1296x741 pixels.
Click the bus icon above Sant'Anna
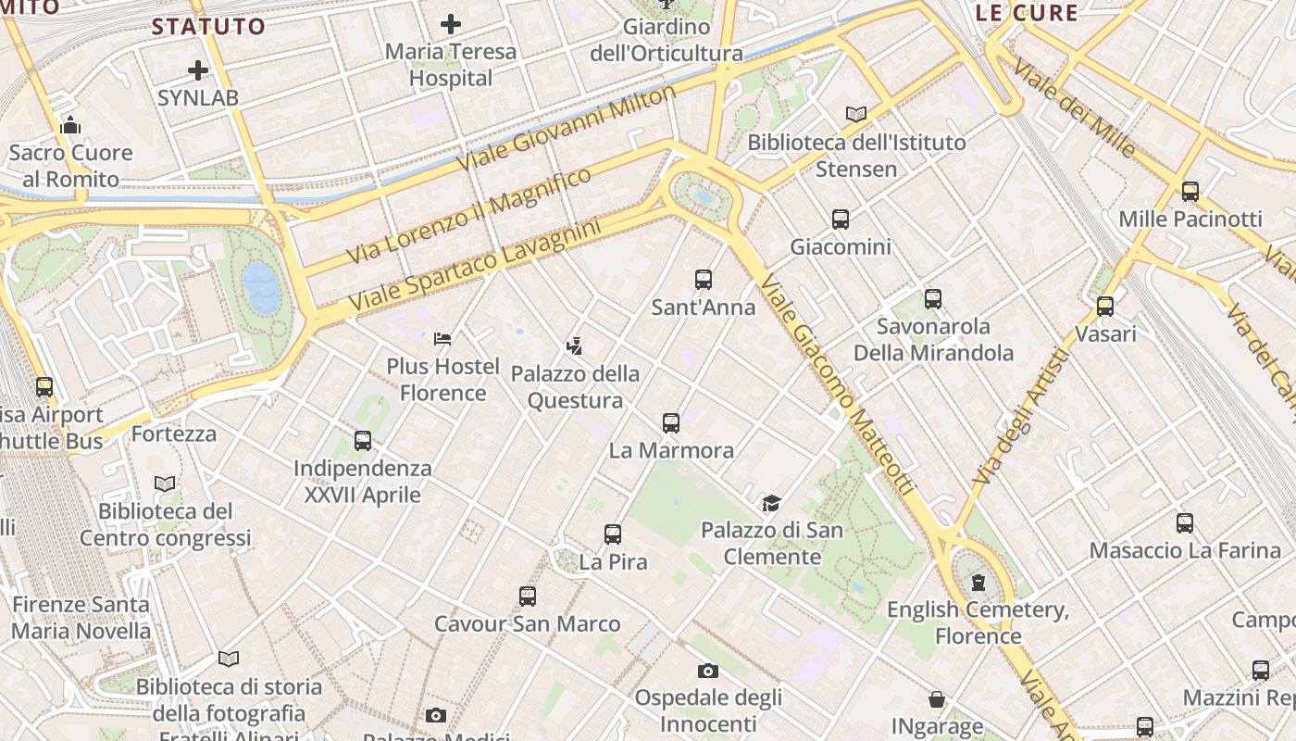(704, 279)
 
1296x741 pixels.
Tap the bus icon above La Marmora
(671, 423)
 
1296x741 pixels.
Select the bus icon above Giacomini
(841, 220)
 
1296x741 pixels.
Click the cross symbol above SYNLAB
(198, 69)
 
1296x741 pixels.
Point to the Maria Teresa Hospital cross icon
(451, 23)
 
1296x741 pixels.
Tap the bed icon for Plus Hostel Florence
(442, 339)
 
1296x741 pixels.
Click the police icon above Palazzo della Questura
(575, 346)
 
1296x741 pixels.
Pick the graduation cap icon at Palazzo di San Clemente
(771, 503)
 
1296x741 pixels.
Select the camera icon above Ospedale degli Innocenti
(708, 671)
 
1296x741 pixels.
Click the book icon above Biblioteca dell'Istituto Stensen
(856, 115)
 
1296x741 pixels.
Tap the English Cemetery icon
(978, 583)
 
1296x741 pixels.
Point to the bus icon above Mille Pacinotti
(1190, 192)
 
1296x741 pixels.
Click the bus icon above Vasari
(1105, 307)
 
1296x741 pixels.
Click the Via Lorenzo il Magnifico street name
(469, 215)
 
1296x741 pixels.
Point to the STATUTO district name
(208, 26)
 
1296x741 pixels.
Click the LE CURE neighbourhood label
(1027, 13)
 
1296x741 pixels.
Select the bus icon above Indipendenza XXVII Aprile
(363, 441)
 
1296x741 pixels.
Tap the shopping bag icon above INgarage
(937, 698)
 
